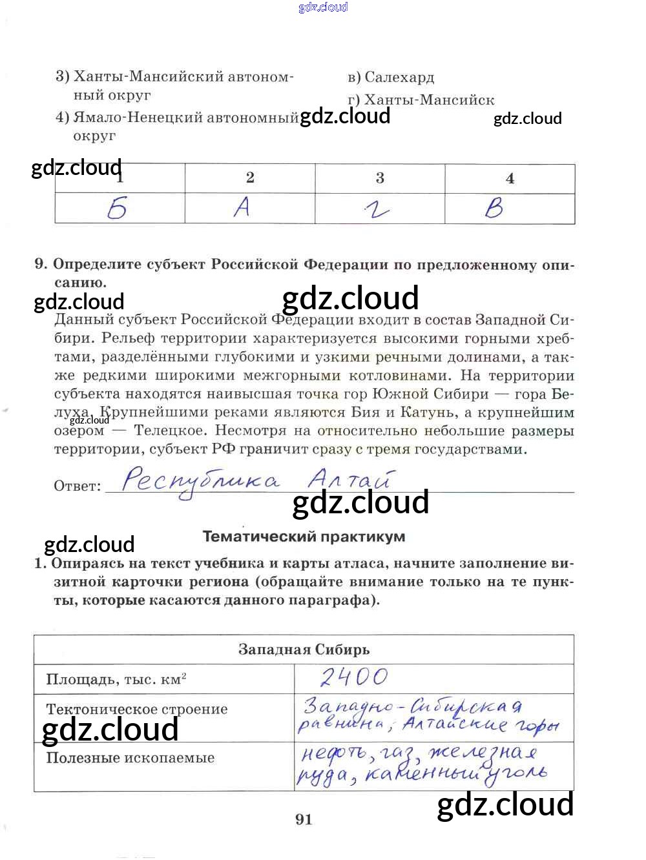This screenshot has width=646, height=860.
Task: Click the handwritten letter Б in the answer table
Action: [118, 209]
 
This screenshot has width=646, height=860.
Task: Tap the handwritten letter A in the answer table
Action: [242, 207]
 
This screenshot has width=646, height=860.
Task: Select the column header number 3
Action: [380, 178]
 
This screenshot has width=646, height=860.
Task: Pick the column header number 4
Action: [510, 179]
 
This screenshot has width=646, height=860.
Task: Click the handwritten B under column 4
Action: [494, 208]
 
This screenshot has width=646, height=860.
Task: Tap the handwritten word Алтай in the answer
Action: [349, 479]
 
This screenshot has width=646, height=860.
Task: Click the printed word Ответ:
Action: [78, 486]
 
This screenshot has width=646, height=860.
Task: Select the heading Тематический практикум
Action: [304, 537]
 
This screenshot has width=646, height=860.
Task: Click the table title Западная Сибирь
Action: [304, 650]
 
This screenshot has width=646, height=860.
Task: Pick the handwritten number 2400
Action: [354, 677]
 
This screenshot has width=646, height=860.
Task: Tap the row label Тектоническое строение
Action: [136, 709]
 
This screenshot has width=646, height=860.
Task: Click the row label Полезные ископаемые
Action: [130, 758]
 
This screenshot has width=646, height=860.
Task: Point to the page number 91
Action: [304, 819]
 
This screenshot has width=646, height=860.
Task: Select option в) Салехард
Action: [391, 77]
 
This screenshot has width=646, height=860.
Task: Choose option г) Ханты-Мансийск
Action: [421, 100]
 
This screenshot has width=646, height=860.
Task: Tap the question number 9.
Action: [41, 264]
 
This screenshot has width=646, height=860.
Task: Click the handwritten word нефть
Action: [333, 753]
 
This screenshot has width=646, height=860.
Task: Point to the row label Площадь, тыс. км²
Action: [116, 679]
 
